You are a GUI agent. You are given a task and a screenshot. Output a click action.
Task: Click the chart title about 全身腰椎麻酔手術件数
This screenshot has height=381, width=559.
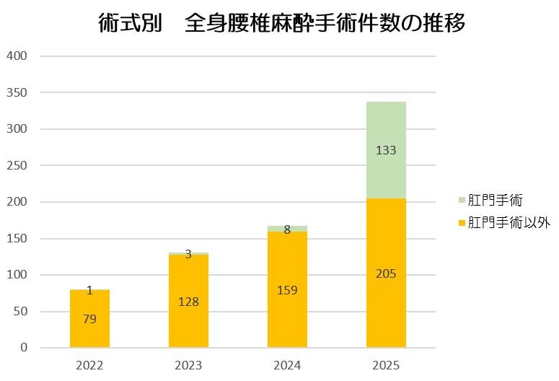point(281,24)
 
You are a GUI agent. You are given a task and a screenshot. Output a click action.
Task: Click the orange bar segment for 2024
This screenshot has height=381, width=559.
point(287,317)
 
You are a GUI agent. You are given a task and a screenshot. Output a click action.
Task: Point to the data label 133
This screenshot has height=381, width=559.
point(386,151)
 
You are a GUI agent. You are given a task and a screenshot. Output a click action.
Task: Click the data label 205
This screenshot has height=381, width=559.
point(386,273)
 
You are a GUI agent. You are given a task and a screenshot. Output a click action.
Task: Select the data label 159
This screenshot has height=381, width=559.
point(287,290)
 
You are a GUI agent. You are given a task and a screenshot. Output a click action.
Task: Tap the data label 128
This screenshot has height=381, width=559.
point(188,302)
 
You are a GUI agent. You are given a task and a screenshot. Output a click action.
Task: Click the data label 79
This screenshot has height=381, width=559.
point(89,319)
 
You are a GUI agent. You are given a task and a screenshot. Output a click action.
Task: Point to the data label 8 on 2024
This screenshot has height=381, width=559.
point(287,229)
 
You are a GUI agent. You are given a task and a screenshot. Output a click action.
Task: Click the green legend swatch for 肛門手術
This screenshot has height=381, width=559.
point(462,199)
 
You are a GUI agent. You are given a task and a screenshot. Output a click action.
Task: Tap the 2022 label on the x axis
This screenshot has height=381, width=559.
point(89,365)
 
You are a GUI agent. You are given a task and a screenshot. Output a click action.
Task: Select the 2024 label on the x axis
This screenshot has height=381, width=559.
point(287,365)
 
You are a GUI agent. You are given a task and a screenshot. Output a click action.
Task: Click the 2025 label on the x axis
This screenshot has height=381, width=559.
point(386,365)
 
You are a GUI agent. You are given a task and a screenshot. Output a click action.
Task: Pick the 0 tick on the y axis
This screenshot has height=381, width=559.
point(24,348)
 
